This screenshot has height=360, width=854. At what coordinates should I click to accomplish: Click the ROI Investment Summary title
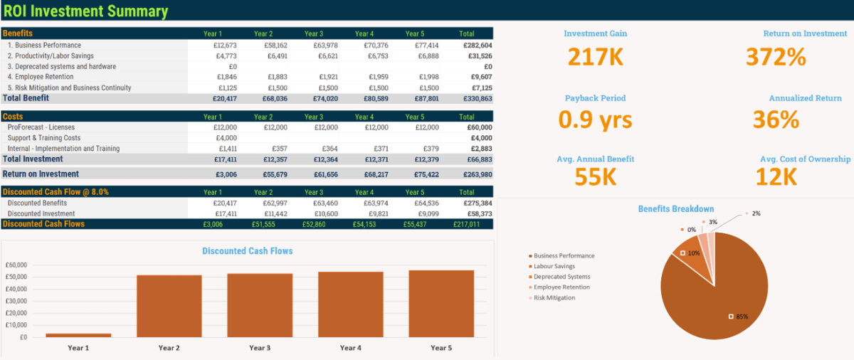click(86, 11)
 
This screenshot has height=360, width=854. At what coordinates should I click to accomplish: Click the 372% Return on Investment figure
click(776, 57)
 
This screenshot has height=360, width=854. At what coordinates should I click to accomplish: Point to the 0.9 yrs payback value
click(595, 120)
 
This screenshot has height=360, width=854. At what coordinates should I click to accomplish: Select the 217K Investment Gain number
click(596, 57)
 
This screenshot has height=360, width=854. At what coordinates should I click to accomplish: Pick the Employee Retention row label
click(41, 77)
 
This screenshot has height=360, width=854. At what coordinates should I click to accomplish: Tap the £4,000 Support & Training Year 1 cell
click(226, 138)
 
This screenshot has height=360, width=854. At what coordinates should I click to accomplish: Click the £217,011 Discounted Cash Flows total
click(466, 224)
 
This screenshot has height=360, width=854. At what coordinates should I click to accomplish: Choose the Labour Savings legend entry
click(556, 266)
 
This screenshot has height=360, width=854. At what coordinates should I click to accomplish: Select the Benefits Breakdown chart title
click(675, 208)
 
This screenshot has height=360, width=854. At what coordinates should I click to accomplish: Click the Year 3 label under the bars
click(260, 348)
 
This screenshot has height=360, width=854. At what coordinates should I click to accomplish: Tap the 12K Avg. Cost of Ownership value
click(776, 176)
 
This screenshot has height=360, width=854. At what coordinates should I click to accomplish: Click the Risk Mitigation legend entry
click(554, 297)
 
